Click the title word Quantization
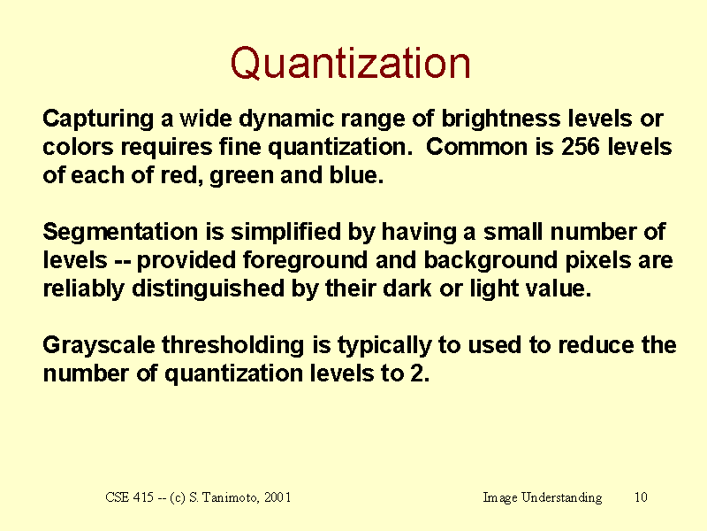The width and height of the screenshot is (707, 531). [350, 64]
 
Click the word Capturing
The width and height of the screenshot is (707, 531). [98, 119]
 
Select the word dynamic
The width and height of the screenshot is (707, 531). [286, 119]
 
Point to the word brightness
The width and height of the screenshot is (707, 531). [501, 119]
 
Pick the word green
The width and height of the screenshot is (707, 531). [241, 176]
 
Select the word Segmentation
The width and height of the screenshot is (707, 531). [120, 233]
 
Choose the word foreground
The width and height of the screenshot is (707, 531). [305, 261]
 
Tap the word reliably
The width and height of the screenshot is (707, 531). [83, 289]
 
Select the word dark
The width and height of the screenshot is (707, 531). [407, 289]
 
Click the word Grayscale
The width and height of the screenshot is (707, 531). [99, 346]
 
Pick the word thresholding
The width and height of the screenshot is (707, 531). [233, 346]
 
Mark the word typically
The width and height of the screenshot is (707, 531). [384, 346]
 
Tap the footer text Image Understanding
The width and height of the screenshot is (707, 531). [543, 497]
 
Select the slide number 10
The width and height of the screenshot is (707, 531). [641, 497]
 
